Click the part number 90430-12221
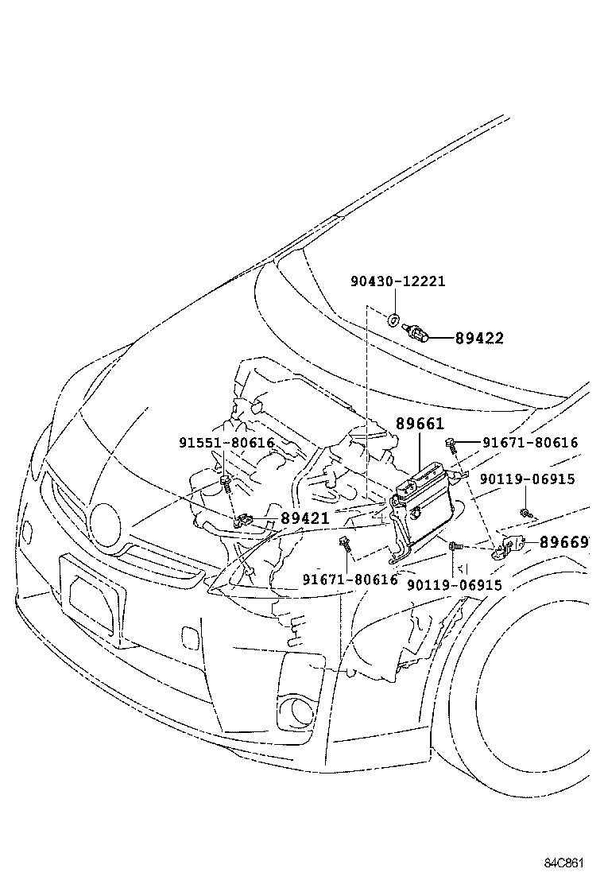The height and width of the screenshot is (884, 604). pyautogui.click(x=397, y=281)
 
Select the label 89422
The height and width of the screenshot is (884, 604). pyautogui.click(x=479, y=338)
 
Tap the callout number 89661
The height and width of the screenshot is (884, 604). pyautogui.click(x=420, y=425)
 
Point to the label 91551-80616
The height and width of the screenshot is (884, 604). pyautogui.click(x=226, y=443)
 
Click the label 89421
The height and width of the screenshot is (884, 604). pyautogui.click(x=304, y=519)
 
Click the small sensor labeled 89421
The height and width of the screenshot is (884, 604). pyautogui.click(x=244, y=521)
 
